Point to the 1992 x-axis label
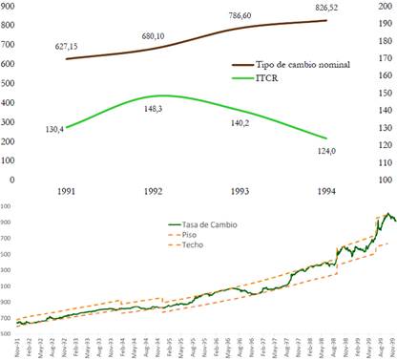tap(157, 191)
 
